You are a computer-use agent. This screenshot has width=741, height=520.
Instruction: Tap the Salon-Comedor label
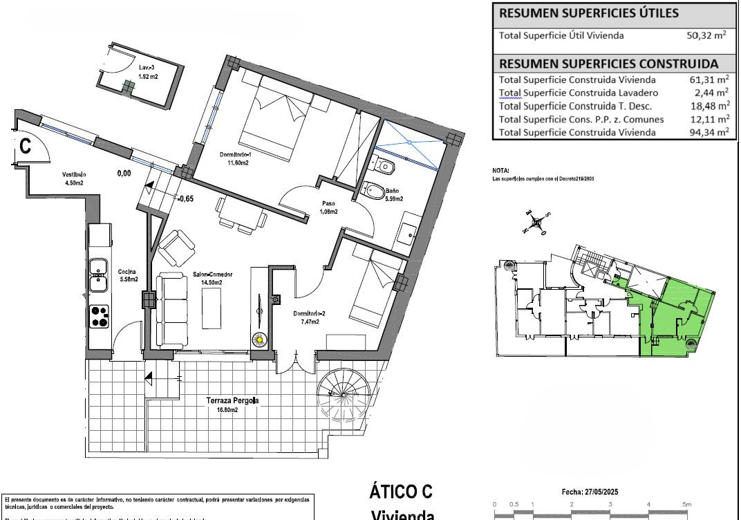click(212, 275)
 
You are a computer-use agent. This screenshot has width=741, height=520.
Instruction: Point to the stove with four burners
click(100, 317)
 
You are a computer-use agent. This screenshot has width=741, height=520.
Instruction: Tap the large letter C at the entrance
click(25, 146)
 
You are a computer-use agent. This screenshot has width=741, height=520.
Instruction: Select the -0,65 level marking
click(185, 198)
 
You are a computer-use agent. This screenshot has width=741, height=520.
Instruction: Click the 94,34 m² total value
click(709, 132)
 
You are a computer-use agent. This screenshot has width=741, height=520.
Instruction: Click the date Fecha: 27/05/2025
click(589, 492)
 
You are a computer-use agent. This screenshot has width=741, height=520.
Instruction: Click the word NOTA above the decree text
click(501, 170)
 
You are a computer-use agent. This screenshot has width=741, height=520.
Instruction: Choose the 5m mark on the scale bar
click(686, 504)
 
